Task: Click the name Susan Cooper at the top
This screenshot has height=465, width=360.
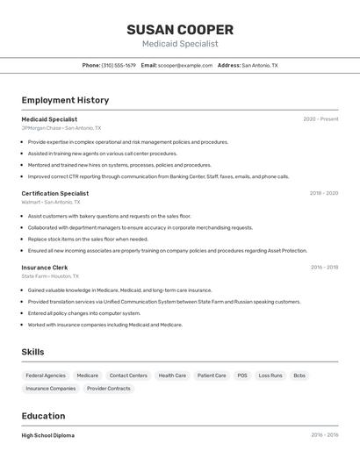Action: [x=180, y=29]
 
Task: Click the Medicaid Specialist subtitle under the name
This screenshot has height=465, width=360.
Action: [x=180, y=44]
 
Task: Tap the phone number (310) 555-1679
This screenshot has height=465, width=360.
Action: [x=119, y=65]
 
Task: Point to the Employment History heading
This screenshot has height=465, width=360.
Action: [x=65, y=100]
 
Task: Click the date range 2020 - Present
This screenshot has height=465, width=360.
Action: [x=320, y=119]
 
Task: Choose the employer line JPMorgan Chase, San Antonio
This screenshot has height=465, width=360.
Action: [x=61, y=128]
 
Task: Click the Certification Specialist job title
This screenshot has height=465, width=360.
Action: [x=55, y=193]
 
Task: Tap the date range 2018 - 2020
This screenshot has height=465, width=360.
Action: [x=323, y=193]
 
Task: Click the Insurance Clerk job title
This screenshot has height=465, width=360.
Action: [x=45, y=268]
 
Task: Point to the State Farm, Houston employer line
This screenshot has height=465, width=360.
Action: [x=50, y=276]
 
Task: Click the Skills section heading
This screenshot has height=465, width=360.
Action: [x=33, y=352]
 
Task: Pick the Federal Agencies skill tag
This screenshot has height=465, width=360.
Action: [x=46, y=376]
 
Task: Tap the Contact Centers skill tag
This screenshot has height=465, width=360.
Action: [x=128, y=376]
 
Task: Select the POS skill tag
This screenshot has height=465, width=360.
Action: [x=242, y=376]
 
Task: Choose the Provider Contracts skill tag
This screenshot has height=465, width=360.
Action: [x=109, y=389]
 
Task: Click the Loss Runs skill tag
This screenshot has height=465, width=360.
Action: [x=270, y=376]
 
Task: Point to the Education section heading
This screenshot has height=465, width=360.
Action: [x=43, y=416]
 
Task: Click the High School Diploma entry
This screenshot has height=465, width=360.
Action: [x=48, y=435]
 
